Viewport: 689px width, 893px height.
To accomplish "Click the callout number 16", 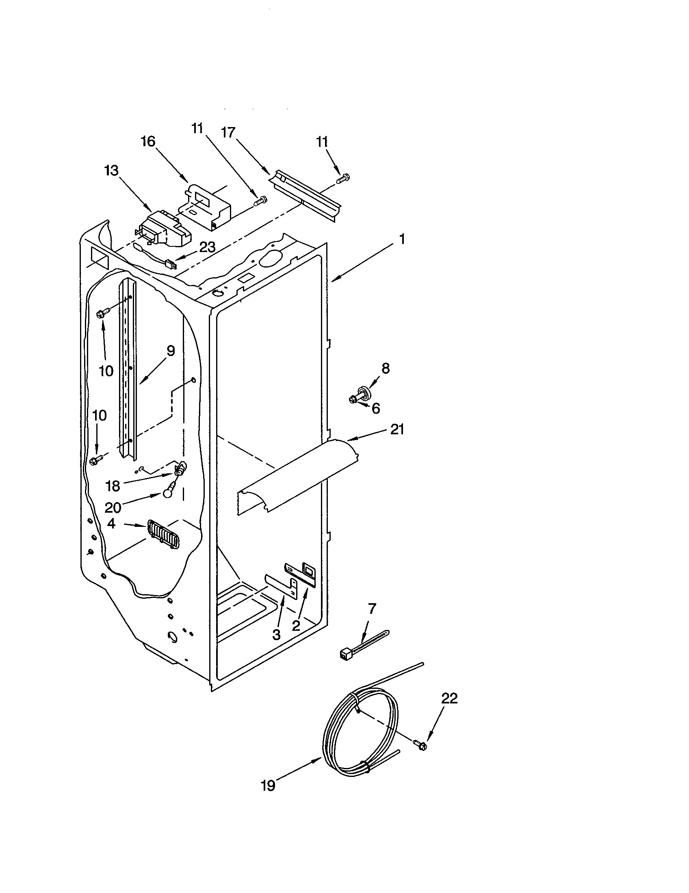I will (x=148, y=142).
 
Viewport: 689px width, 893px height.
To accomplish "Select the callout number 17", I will (x=228, y=132).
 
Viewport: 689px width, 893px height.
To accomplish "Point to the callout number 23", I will (x=207, y=246).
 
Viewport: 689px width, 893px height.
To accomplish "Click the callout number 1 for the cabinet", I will (x=402, y=239).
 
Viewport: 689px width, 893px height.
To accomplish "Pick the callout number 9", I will (x=170, y=351).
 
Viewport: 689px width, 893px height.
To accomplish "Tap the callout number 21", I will (x=397, y=429).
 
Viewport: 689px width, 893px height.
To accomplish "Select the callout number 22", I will (x=449, y=699).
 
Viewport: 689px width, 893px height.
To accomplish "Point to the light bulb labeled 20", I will (x=167, y=494).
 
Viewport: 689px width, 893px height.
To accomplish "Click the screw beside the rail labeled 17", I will (x=342, y=178).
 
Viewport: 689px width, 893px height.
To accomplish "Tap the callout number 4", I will (x=111, y=524).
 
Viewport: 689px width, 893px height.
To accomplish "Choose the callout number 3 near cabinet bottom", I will (x=276, y=634).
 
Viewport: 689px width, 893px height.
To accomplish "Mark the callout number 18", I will (x=113, y=486).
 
